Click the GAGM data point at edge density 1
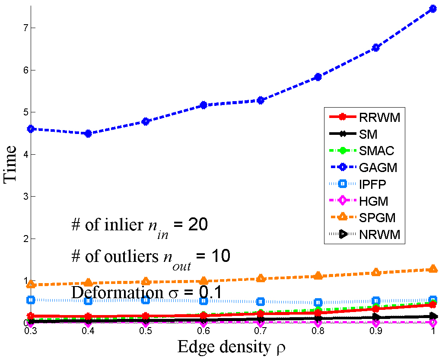[x=433, y=8]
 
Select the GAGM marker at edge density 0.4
[x=88, y=134]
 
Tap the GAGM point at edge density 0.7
[x=261, y=100]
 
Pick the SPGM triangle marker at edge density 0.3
[x=31, y=284]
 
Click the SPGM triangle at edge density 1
[x=433, y=269]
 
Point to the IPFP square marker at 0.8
[x=318, y=303]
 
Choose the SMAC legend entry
[x=376, y=150]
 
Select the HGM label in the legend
[x=373, y=201]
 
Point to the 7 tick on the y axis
[x=20, y=28]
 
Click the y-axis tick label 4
[x=20, y=154]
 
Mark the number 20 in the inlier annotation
[x=197, y=225]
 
